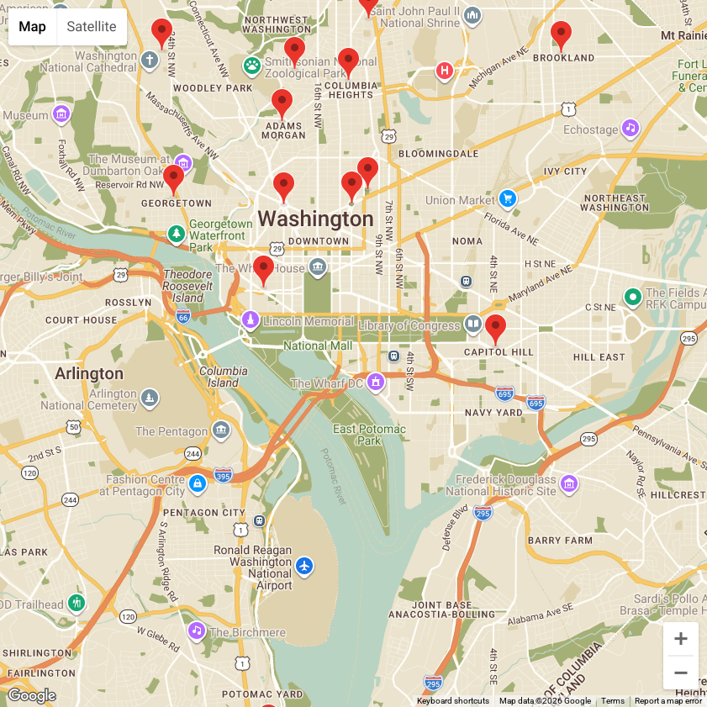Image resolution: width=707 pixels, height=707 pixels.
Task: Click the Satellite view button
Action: pos(92,27)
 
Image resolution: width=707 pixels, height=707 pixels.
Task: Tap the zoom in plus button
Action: pos(680,639)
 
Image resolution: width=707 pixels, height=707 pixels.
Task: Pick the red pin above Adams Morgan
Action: pos(282,103)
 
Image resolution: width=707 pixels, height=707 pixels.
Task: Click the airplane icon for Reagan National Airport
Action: pos(304,566)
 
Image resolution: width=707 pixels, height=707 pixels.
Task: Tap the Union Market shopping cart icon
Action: pos(507,198)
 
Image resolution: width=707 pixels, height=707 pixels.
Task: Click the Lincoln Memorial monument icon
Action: pos(250,321)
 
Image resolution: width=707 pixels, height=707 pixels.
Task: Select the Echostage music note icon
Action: pos(630,129)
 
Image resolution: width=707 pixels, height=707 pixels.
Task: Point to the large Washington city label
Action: pos(315,219)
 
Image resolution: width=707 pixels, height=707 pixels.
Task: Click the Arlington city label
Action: pos(89,373)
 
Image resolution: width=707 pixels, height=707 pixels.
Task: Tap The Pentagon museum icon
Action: pos(221,430)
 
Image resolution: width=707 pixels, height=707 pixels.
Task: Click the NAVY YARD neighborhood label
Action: pos(493,413)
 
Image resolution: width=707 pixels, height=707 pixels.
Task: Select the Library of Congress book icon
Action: pos(473,324)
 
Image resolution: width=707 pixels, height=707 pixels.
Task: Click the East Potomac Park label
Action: pos(369,435)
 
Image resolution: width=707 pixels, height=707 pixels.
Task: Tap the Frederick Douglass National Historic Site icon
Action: pos(569,483)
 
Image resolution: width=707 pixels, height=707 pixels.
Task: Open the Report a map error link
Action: pos(667,701)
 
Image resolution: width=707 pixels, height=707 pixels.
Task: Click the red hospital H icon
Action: pos(445,71)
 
